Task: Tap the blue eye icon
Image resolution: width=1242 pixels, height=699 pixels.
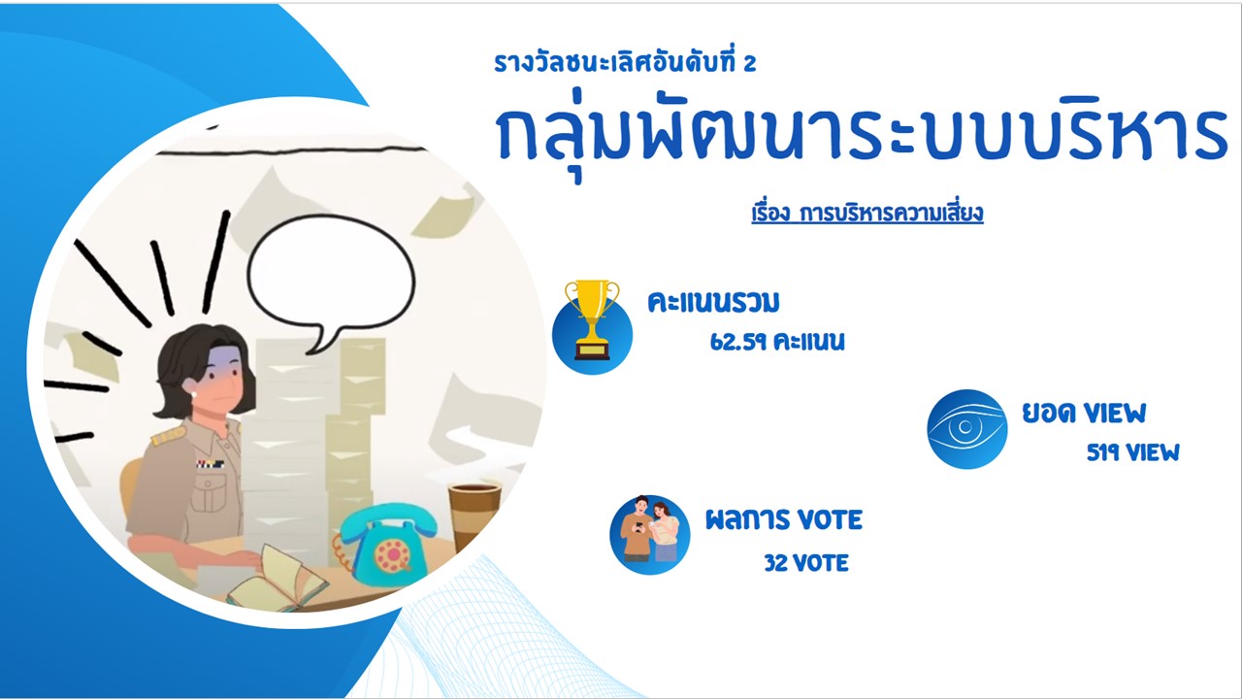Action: (967, 429)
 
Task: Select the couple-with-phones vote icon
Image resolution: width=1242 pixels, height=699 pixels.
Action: (650, 534)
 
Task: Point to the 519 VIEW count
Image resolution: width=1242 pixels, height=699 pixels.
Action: (1132, 452)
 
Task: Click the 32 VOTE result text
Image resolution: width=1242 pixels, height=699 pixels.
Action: (806, 563)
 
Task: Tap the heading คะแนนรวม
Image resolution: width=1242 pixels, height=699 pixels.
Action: (713, 302)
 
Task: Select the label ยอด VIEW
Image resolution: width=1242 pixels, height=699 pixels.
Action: (1084, 413)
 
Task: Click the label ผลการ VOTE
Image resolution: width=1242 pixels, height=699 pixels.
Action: (783, 519)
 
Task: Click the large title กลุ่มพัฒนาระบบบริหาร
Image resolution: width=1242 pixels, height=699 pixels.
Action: (861, 136)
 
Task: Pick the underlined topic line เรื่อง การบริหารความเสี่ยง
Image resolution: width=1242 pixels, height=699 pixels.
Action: (867, 214)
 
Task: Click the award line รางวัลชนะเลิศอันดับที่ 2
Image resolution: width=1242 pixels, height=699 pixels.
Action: (625, 61)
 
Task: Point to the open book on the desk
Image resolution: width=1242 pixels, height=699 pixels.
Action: (278, 582)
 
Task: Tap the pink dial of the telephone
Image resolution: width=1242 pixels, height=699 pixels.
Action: (392, 554)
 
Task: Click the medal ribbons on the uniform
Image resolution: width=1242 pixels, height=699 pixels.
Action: (211, 464)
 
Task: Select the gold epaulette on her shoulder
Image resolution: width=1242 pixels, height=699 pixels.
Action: (169, 436)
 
